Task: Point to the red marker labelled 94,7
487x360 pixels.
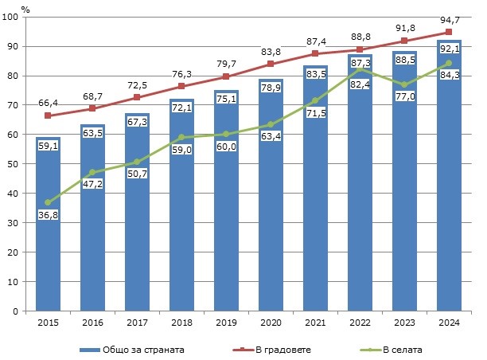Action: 449,33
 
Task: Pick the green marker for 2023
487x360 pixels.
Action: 405,84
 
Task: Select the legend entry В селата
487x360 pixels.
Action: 399,348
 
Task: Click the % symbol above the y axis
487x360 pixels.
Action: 25,8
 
